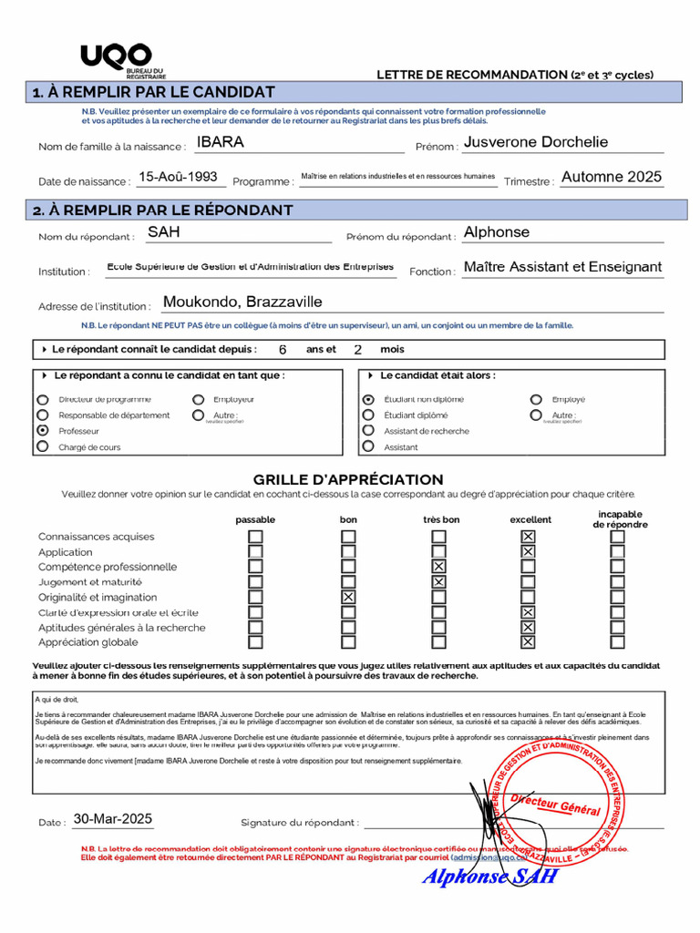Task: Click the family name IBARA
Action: tap(221, 142)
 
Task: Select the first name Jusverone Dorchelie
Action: tap(535, 142)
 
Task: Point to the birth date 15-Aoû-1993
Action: tap(178, 178)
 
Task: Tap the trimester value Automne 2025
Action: tap(611, 178)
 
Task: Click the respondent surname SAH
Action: tap(164, 232)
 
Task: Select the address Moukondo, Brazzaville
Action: tap(242, 302)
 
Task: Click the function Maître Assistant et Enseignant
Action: tap(562, 267)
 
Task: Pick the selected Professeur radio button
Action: tap(43, 430)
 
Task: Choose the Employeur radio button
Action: tap(198, 399)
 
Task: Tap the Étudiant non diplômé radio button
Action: tap(368, 399)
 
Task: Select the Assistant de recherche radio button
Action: tap(368, 430)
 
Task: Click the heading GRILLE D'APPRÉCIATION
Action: tap(348, 479)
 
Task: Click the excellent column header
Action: tap(530, 519)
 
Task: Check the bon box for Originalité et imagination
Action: tap(348, 597)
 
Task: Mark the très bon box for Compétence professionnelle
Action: tap(438, 567)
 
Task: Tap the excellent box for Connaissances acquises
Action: tap(528, 537)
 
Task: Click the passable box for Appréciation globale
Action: tap(256, 641)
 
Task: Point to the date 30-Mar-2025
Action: tap(113, 818)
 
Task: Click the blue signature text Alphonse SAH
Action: tap(489, 877)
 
